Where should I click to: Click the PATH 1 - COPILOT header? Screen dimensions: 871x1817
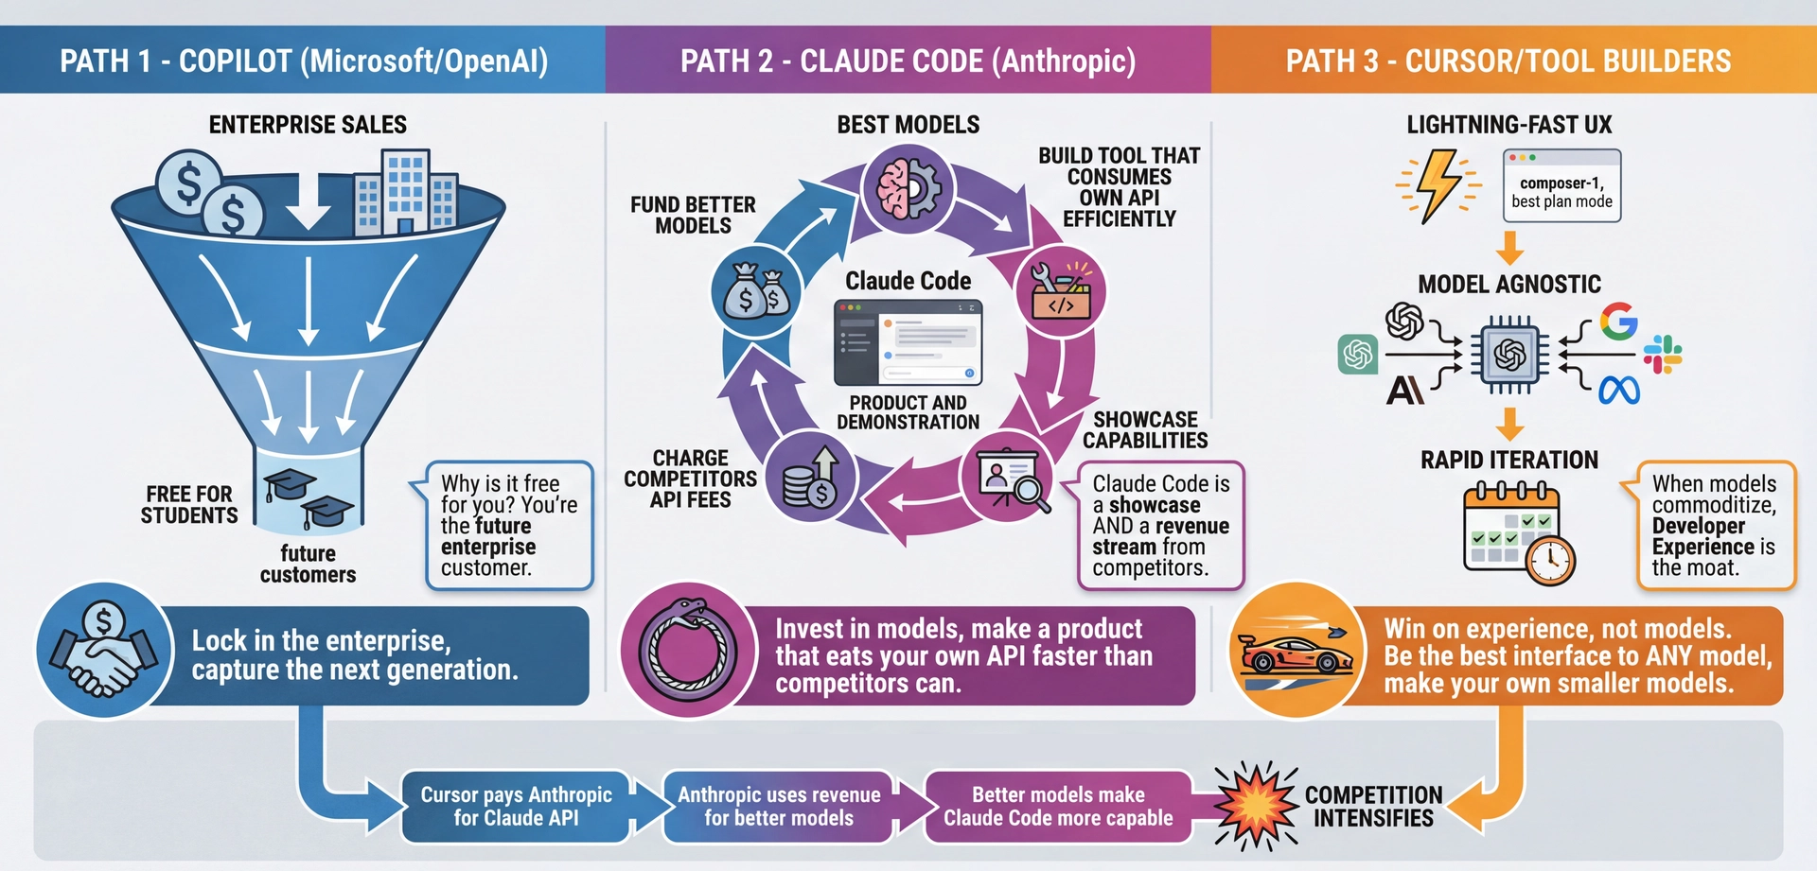click(x=303, y=61)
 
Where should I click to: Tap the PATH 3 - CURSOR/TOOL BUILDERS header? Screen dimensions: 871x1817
click(x=1508, y=61)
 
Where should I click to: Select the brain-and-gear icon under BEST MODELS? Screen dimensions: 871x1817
click(x=908, y=188)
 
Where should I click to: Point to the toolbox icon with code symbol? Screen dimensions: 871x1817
click(x=1060, y=291)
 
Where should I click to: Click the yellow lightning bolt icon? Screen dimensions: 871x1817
click(x=1438, y=185)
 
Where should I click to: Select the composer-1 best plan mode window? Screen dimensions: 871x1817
click(x=1561, y=186)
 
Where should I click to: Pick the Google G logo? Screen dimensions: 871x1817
click(x=1618, y=322)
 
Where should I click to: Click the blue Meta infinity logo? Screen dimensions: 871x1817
click(x=1619, y=390)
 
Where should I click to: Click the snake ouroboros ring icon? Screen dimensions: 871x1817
click(x=688, y=650)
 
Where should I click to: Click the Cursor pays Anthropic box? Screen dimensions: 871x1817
click(x=516, y=807)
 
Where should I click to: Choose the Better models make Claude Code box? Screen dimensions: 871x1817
click(x=1057, y=807)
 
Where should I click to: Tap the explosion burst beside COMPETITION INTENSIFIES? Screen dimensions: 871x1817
click(x=1256, y=805)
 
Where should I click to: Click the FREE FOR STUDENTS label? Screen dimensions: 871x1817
click(x=189, y=505)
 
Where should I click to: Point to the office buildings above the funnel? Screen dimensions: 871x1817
click(x=405, y=194)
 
